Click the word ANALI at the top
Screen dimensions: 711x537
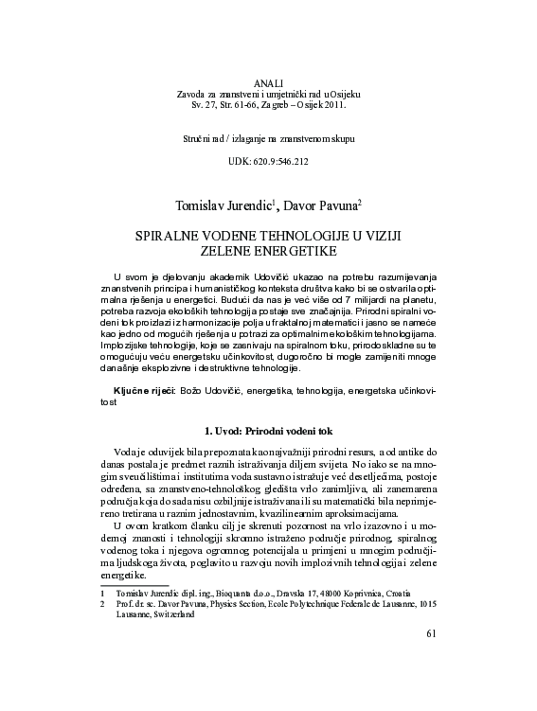coord(269,84)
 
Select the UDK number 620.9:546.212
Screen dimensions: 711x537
coord(282,162)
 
